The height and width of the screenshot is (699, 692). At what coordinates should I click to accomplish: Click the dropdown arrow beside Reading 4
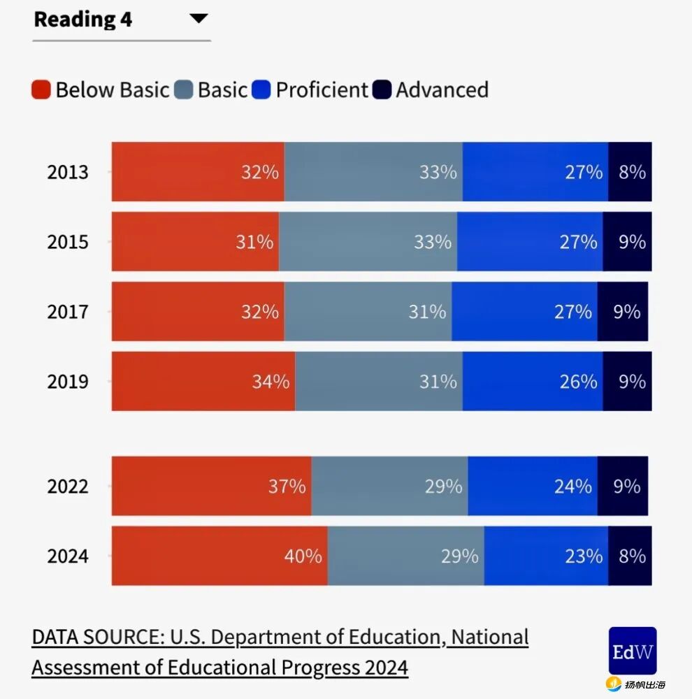[199, 19]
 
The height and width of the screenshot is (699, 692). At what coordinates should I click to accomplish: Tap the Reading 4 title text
[82, 20]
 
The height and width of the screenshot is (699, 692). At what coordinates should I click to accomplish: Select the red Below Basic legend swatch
[41, 90]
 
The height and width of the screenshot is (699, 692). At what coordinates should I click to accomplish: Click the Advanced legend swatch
[382, 90]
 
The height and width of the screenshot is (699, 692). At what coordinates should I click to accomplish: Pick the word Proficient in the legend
[322, 90]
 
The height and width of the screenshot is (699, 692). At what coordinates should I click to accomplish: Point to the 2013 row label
[68, 172]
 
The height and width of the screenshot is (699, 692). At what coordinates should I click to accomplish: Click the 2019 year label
[68, 382]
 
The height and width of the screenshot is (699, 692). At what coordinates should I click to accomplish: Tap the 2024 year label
[68, 556]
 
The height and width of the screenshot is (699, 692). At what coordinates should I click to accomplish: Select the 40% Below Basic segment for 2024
[219, 556]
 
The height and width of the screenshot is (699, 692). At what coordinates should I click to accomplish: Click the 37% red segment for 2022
[211, 487]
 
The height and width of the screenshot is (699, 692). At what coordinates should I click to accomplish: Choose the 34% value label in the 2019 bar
[271, 382]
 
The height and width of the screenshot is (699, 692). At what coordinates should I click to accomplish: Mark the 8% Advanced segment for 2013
[630, 172]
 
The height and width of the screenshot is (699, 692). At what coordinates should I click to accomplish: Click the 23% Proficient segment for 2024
[546, 556]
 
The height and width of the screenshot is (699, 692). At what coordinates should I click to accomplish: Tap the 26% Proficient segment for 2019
[533, 382]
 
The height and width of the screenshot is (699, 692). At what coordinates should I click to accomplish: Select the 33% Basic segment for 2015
[368, 242]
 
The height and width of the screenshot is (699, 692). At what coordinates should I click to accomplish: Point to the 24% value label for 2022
[573, 487]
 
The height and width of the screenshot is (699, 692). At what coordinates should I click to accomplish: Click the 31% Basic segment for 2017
[368, 312]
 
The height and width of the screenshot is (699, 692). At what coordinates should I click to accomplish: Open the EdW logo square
[632, 651]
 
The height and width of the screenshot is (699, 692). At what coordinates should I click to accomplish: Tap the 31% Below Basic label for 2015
[254, 242]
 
